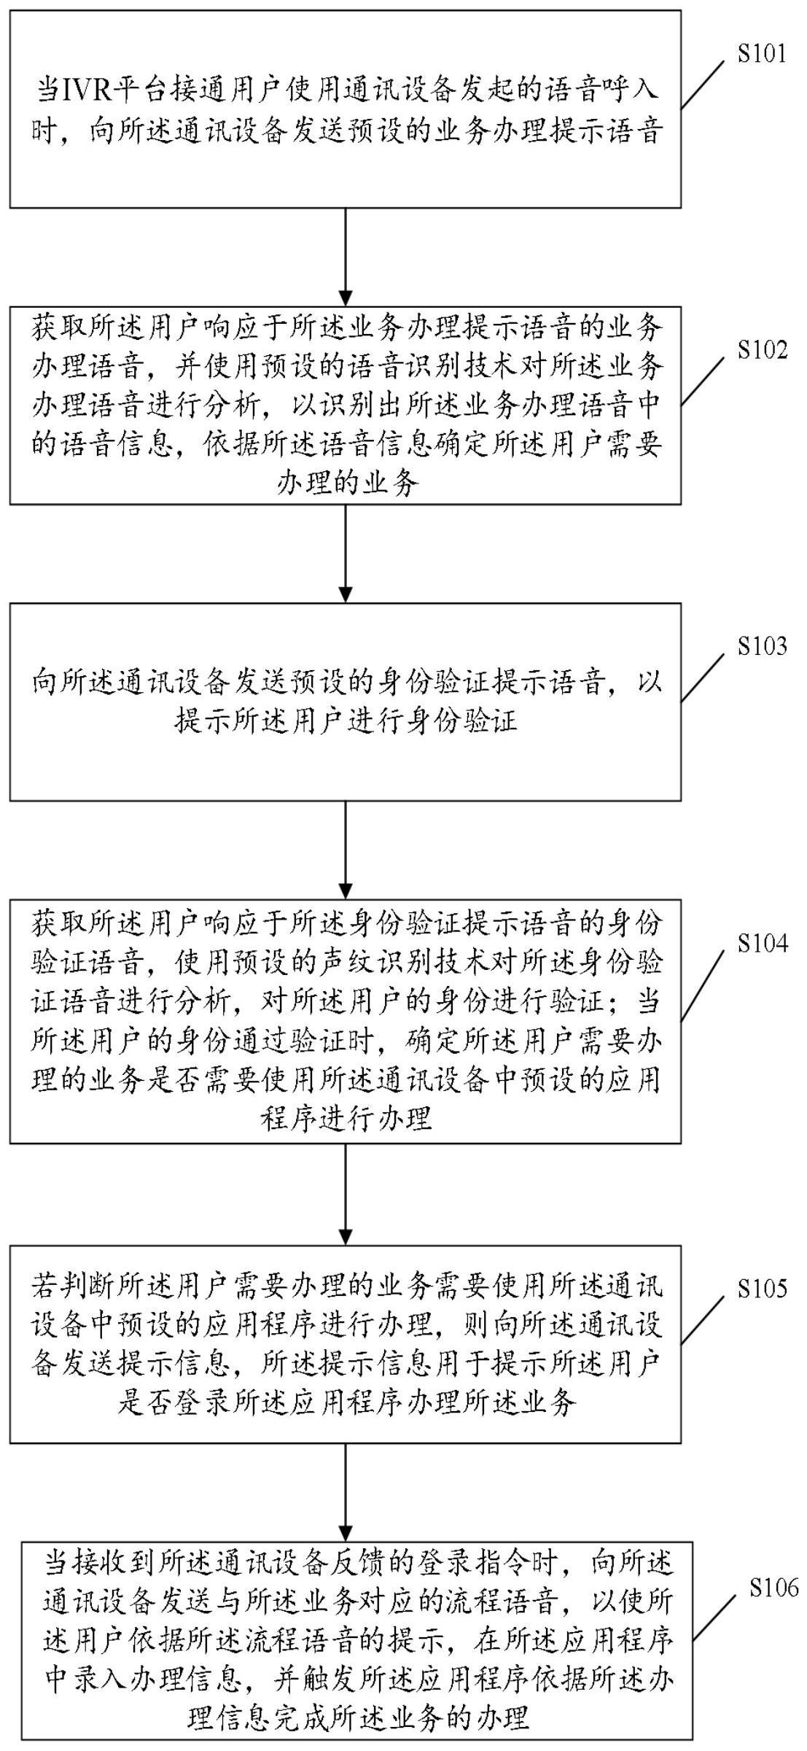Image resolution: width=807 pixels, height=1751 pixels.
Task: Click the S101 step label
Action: (x=761, y=54)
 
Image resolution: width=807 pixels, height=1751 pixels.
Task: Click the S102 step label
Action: (x=761, y=350)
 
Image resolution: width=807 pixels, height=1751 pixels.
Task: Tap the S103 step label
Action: (x=761, y=646)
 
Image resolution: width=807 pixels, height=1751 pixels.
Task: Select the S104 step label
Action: (x=761, y=944)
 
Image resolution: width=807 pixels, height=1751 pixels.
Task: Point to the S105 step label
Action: (x=761, y=1289)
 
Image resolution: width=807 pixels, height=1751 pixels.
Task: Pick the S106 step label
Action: (x=773, y=1588)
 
